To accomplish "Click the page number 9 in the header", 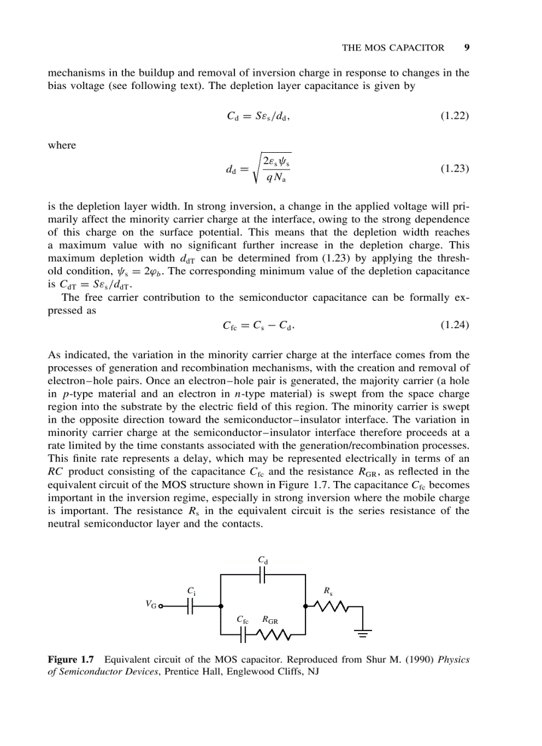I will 467,47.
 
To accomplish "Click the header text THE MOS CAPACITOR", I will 393,47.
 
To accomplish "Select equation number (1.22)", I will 455,116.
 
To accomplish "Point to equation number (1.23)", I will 455,168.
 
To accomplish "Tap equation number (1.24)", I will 455,326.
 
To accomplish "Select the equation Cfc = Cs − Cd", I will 258,326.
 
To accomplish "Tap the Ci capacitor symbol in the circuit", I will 191,606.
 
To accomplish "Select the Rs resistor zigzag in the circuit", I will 330,606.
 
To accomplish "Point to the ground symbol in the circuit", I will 363,633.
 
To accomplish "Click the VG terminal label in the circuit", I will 151,605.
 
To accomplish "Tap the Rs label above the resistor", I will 327,590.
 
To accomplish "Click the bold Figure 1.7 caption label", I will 70,660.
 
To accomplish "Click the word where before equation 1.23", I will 62,145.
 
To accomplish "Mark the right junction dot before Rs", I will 306,606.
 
